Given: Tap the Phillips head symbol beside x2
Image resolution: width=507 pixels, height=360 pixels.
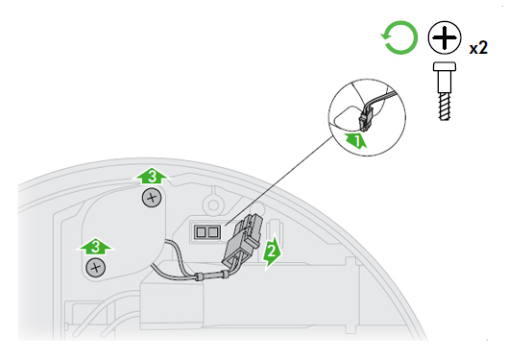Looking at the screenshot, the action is click(x=445, y=37).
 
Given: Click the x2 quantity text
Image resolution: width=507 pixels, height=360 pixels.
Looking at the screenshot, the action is click(x=478, y=48).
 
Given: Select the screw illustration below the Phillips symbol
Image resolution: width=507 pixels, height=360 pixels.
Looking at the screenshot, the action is click(x=445, y=91).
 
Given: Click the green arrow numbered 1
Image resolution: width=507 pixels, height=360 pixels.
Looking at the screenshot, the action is click(x=355, y=140).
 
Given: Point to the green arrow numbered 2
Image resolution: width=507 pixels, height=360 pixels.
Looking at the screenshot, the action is click(x=273, y=252).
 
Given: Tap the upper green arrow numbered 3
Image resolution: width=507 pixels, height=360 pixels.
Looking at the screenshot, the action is click(x=152, y=176).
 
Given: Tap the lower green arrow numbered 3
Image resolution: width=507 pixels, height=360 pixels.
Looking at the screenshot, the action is click(x=95, y=248).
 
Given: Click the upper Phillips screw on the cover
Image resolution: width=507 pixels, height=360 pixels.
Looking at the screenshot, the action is click(x=152, y=198).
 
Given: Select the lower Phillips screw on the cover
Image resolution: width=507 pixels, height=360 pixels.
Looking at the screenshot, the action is click(x=95, y=268).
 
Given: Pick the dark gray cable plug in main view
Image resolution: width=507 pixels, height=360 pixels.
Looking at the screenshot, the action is click(x=242, y=239).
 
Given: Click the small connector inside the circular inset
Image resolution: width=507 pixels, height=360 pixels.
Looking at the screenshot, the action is click(x=366, y=119).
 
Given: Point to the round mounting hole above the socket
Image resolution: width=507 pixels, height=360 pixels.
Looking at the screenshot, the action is click(x=213, y=204).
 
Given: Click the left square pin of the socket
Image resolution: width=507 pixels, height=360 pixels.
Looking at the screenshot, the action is click(x=201, y=232).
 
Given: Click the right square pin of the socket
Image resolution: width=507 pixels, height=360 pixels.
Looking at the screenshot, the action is click(x=213, y=232).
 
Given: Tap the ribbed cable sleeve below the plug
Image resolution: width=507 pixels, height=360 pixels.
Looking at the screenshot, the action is click(x=213, y=276).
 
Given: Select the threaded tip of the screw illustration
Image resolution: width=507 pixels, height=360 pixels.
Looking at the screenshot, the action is click(x=445, y=107).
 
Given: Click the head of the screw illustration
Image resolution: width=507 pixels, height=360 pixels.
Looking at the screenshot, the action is click(x=445, y=66).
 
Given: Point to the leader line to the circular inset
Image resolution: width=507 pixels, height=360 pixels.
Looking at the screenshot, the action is click(x=278, y=180).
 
